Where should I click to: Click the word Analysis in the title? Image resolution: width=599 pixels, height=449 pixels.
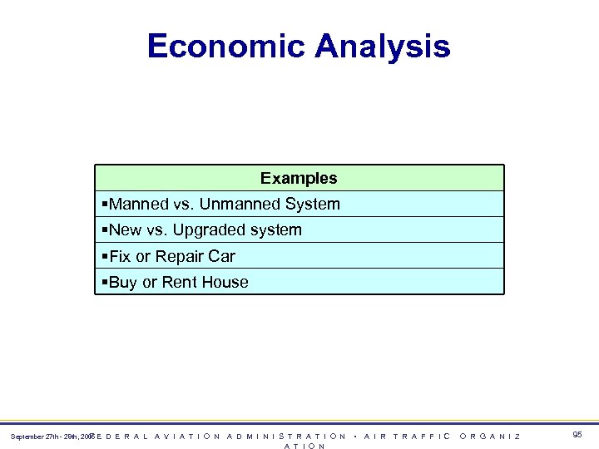pyautogui.click(x=383, y=46)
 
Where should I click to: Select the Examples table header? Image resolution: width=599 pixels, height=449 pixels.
pyautogui.click(x=299, y=178)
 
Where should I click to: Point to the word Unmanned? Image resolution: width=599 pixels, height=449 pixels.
pyautogui.click(x=241, y=204)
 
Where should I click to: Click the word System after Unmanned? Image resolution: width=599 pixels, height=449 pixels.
pyautogui.click(x=313, y=204)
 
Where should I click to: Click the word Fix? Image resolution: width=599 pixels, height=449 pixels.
pyautogui.click(x=120, y=256)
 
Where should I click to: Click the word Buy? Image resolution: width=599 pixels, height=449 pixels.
pyautogui.click(x=123, y=282)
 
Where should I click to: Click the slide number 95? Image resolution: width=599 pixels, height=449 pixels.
pyautogui.click(x=577, y=435)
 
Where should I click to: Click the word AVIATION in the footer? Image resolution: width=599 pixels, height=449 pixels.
pyautogui.click(x=188, y=436)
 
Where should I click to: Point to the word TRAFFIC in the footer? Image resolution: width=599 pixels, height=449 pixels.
pyautogui.click(x=422, y=436)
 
